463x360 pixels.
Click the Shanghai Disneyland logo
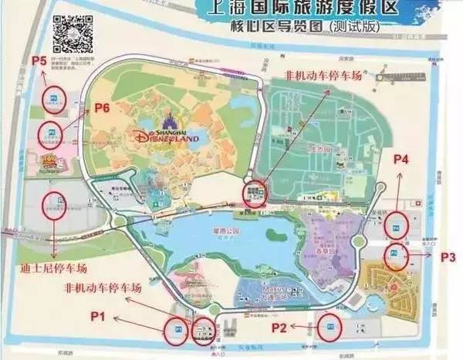[167, 136]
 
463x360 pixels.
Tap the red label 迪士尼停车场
[53, 268]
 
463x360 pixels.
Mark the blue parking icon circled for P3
[394, 254]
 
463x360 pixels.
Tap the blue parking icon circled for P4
[397, 226]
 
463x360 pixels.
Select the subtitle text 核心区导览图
[274, 25]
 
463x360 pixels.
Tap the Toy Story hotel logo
[52, 161]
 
